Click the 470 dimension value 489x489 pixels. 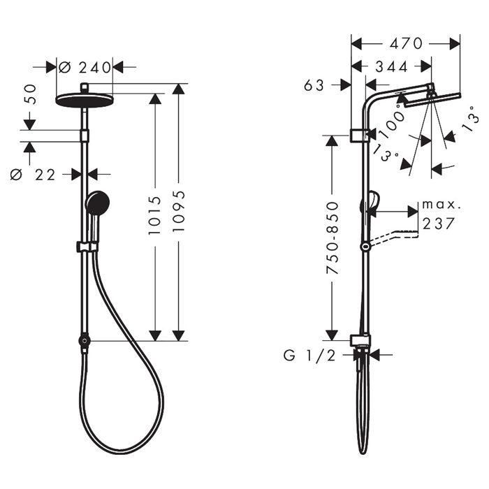click(x=406, y=43)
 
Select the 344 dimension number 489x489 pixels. click(x=392, y=66)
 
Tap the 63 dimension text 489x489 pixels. click(x=314, y=85)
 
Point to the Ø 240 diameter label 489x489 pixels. click(x=85, y=67)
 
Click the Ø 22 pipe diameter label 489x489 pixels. click(x=33, y=175)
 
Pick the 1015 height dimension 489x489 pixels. click(x=155, y=215)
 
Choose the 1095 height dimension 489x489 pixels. click(x=179, y=211)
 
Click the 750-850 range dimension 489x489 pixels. click(x=332, y=238)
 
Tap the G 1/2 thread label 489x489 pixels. click(x=309, y=355)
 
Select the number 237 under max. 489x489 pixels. click(x=438, y=224)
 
